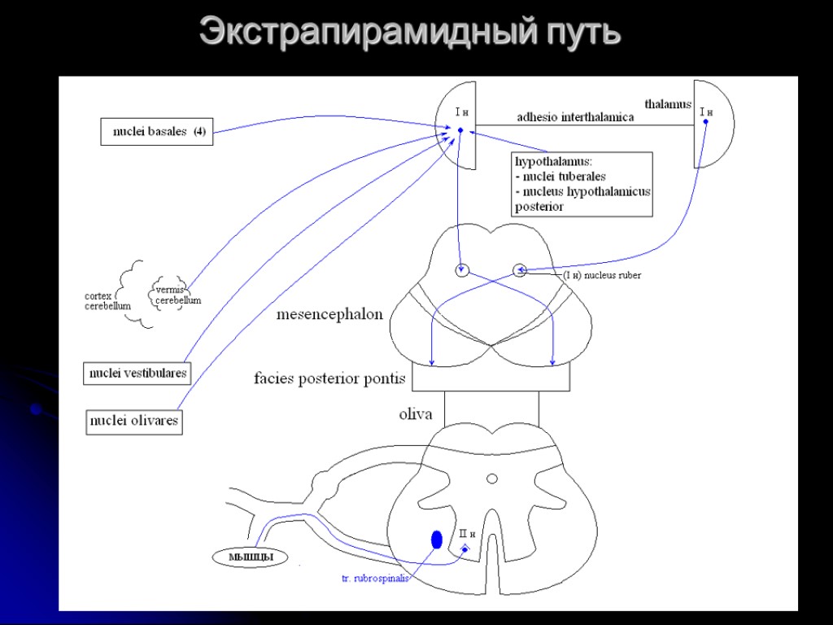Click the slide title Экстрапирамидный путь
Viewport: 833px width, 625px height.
coord(410,33)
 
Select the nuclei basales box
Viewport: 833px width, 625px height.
coord(156,132)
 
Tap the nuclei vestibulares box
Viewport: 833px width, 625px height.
coord(137,374)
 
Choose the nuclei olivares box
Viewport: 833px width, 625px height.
coord(134,422)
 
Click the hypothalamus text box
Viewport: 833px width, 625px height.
coord(582,184)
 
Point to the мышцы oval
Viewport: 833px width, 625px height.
coord(249,557)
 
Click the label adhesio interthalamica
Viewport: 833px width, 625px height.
coord(575,117)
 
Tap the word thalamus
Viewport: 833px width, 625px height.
coord(668,104)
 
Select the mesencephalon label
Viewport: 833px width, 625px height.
coord(329,314)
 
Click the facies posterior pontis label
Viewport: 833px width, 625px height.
coord(329,378)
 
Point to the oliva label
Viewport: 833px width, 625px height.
coord(416,414)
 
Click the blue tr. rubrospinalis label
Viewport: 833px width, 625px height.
coord(375,579)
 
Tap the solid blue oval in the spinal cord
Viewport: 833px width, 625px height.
coord(437,539)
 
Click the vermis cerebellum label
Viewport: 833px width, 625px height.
coord(177,295)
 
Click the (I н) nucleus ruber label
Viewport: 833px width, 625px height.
coord(603,276)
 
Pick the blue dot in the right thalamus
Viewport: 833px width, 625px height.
coord(705,122)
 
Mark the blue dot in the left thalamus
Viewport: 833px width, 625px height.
coord(460,130)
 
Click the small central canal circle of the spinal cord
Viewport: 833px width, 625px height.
coord(492,479)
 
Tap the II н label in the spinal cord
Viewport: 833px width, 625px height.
coord(467,534)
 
